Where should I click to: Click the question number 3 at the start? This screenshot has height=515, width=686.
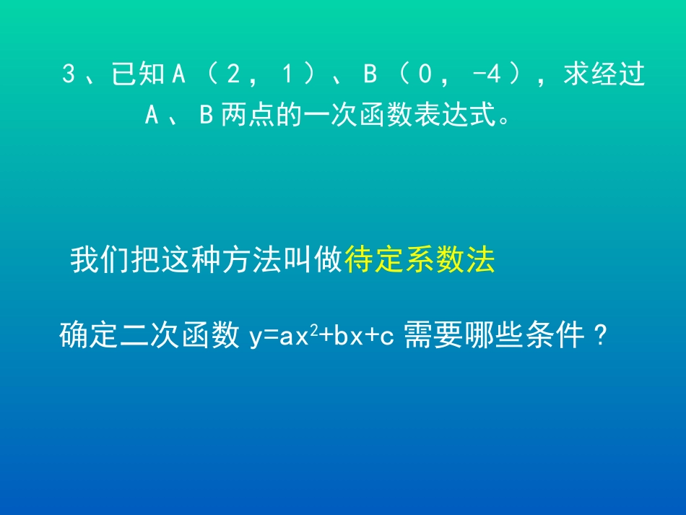[x=69, y=75]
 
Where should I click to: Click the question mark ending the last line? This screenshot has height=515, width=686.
[x=598, y=337]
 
